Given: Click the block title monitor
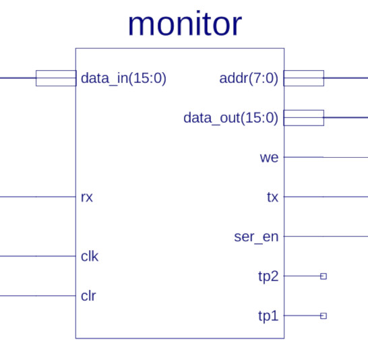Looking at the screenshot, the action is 185,24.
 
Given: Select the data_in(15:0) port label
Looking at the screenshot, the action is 123,78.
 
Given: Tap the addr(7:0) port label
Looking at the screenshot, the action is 249,78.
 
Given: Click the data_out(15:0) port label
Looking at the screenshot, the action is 231,118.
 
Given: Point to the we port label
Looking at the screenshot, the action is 269,158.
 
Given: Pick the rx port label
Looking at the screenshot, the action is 86,198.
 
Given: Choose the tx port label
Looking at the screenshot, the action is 272,197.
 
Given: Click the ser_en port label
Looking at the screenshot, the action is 256,237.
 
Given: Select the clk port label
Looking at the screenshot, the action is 90,256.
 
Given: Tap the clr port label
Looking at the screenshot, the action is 88,296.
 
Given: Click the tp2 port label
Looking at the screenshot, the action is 268,276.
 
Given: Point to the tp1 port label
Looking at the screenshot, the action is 268,316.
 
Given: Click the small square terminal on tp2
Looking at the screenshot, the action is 324,276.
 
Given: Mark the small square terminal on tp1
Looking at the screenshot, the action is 324,316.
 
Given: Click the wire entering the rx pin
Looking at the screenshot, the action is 38,197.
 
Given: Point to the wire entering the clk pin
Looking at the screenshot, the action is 38,256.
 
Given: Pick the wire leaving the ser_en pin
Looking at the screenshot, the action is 326,237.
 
